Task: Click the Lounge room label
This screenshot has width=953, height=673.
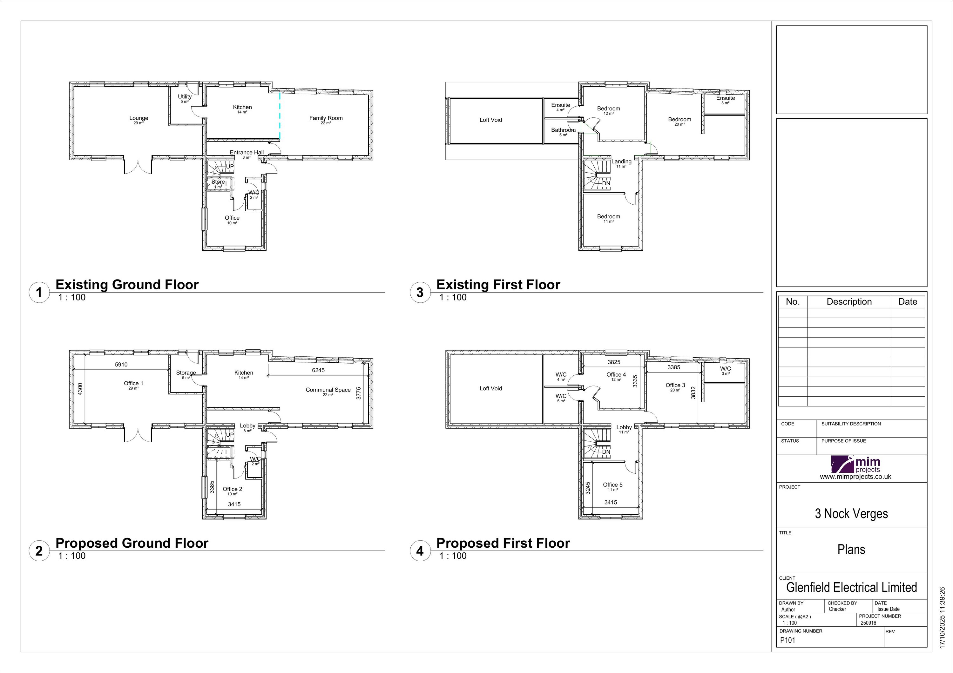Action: click(139, 118)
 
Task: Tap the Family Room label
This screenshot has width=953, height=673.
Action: click(326, 118)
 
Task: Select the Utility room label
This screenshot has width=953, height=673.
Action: click(185, 96)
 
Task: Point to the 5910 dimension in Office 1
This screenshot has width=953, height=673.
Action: click(121, 365)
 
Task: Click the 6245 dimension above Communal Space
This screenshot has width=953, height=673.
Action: click(318, 370)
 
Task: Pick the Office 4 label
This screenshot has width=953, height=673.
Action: click(616, 375)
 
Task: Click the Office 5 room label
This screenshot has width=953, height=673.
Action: click(613, 485)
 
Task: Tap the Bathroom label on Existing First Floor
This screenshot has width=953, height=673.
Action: click(563, 130)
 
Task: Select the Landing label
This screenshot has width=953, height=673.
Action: click(621, 162)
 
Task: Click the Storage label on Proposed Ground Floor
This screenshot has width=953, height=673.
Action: click(186, 373)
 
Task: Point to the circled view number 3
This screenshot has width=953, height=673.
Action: click(420, 292)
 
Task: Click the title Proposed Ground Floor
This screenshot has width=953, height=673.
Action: click(132, 543)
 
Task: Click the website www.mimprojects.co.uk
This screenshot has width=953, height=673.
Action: click(855, 477)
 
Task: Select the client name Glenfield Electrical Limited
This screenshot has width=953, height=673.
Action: click(852, 588)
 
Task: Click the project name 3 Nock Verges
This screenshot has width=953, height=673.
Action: click(851, 514)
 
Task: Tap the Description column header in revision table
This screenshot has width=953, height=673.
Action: click(849, 302)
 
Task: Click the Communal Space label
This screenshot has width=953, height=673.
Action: click(328, 390)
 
